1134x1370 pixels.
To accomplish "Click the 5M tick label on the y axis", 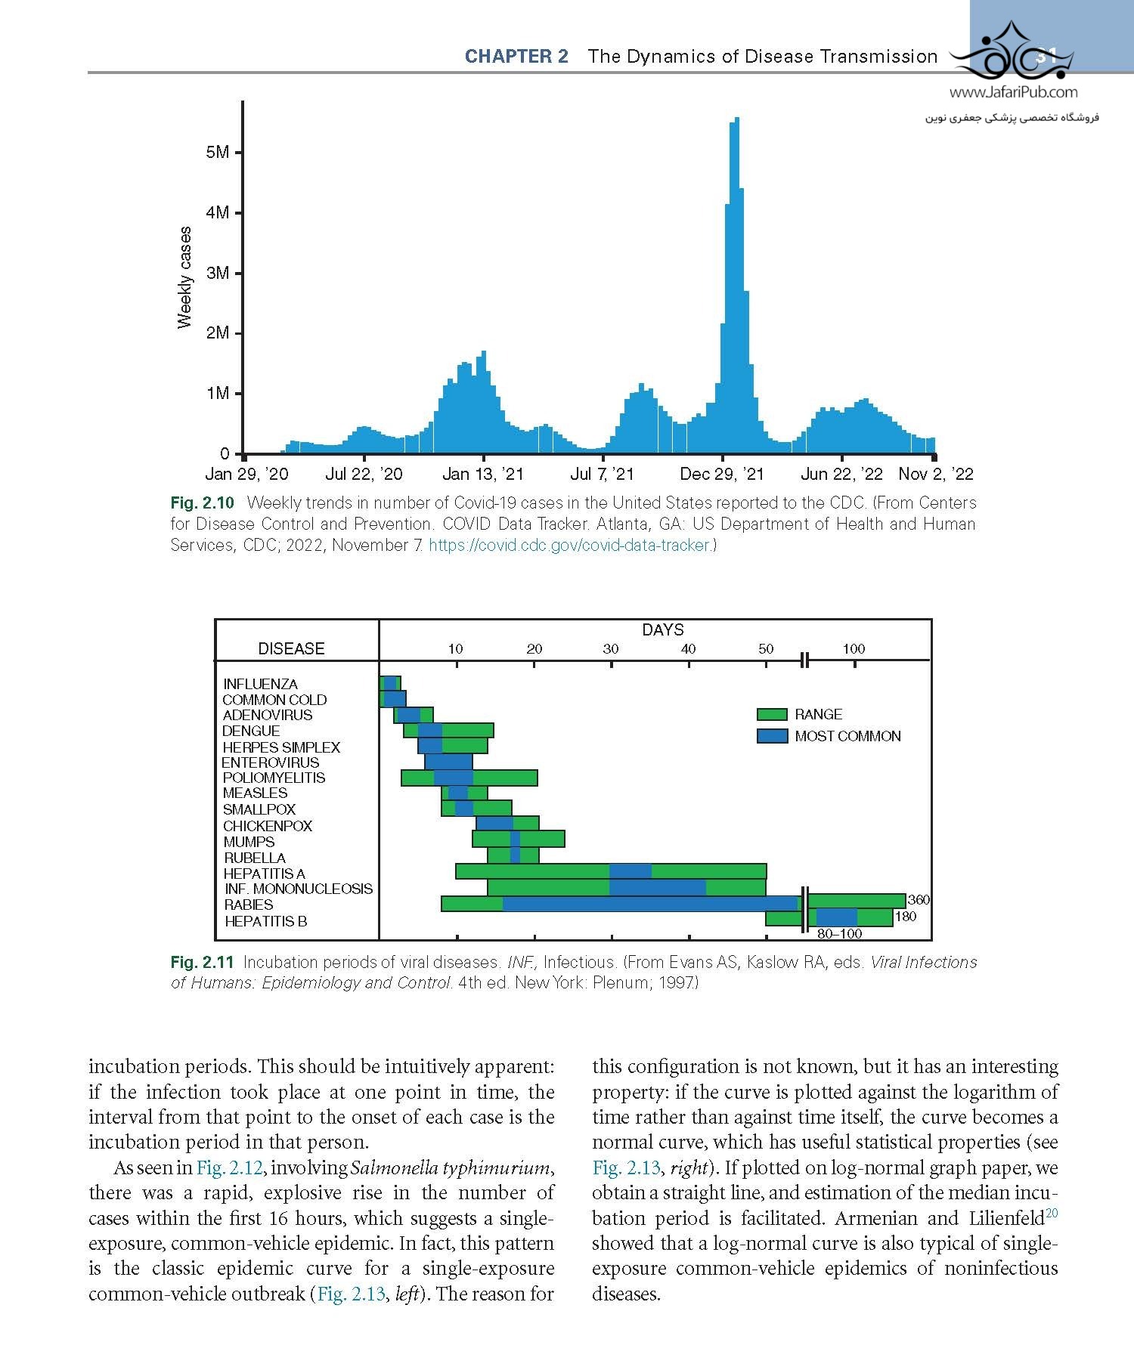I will click(x=217, y=152).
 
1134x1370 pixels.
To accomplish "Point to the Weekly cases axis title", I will click(x=184, y=278).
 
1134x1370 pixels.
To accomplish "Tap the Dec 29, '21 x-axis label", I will click(x=722, y=475).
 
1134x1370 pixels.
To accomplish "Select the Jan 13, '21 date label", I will click(x=482, y=475).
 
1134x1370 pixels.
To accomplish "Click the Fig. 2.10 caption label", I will click(x=202, y=503).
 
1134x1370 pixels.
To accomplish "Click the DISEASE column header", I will click(x=291, y=648).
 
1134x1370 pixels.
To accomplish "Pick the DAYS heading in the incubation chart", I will click(x=662, y=629).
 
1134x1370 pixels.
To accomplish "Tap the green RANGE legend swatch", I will click(x=772, y=715).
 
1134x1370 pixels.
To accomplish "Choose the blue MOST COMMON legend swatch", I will click(x=772, y=736).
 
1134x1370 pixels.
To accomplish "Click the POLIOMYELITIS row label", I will click(x=274, y=778).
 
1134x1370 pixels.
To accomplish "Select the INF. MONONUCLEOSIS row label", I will click(x=299, y=889).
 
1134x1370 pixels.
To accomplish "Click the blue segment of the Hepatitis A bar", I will click(x=630, y=871).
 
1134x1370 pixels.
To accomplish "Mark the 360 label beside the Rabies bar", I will click(x=919, y=900).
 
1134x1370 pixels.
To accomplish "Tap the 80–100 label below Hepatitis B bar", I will click(x=839, y=934).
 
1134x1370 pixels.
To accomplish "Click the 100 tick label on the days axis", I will click(x=854, y=648).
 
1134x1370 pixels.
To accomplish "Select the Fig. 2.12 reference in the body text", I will click(x=229, y=1167).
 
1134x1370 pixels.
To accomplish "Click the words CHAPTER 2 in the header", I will click(x=516, y=57).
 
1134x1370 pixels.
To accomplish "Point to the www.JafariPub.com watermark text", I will click(x=1013, y=93).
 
